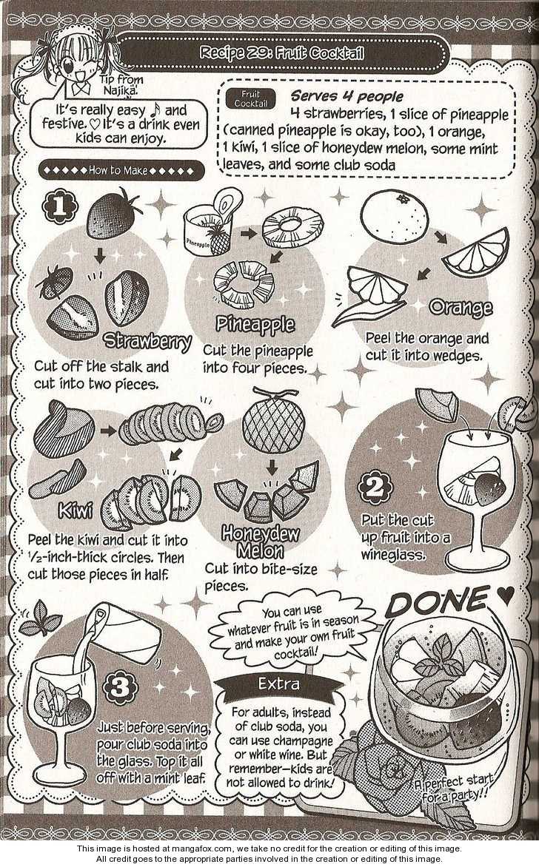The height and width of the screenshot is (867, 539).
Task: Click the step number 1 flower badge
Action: [60, 207]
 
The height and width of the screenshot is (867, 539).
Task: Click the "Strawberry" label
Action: [148, 342]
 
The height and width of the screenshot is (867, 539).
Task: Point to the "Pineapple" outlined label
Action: [255, 325]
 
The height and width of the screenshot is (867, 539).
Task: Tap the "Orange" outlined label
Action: [461, 308]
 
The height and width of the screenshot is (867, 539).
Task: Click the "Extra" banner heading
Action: [279, 684]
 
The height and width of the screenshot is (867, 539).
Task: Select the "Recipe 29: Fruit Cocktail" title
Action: [282, 53]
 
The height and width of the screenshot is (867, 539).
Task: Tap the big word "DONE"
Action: [437, 603]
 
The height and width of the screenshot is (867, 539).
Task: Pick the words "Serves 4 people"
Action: [347, 97]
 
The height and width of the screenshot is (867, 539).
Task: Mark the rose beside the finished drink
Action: [386, 768]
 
